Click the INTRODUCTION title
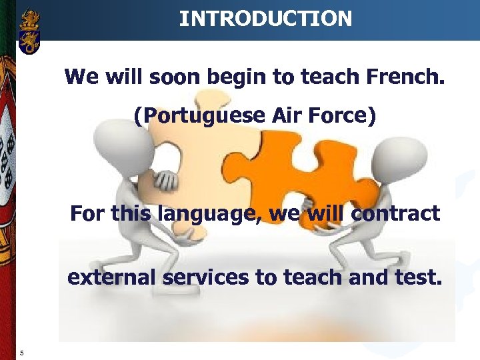[265, 18]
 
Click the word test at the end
[418, 277]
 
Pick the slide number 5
[22, 353]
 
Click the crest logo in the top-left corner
[29, 31]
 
